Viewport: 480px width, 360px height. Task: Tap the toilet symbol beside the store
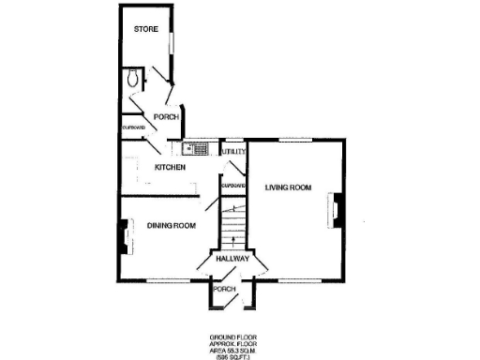click(x=133, y=79)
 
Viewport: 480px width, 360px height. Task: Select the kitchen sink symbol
click(x=199, y=148)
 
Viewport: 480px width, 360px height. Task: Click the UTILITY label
click(x=232, y=151)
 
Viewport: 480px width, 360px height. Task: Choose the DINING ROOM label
click(x=171, y=225)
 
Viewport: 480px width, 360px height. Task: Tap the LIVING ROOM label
click(x=287, y=187)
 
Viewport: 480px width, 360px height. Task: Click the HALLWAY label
click(x=232, y=258)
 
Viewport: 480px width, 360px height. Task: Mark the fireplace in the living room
click(x=333, y=211)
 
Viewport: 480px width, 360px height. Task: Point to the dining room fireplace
click(x=122, y=238)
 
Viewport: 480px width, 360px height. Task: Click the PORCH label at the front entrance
click(x=224, y=289)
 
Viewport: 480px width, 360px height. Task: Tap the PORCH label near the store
click(x=167, y=117)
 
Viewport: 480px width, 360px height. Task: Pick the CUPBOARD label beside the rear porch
click(x=132, y=127)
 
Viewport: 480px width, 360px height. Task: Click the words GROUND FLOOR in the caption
click(x=232, y=336)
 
